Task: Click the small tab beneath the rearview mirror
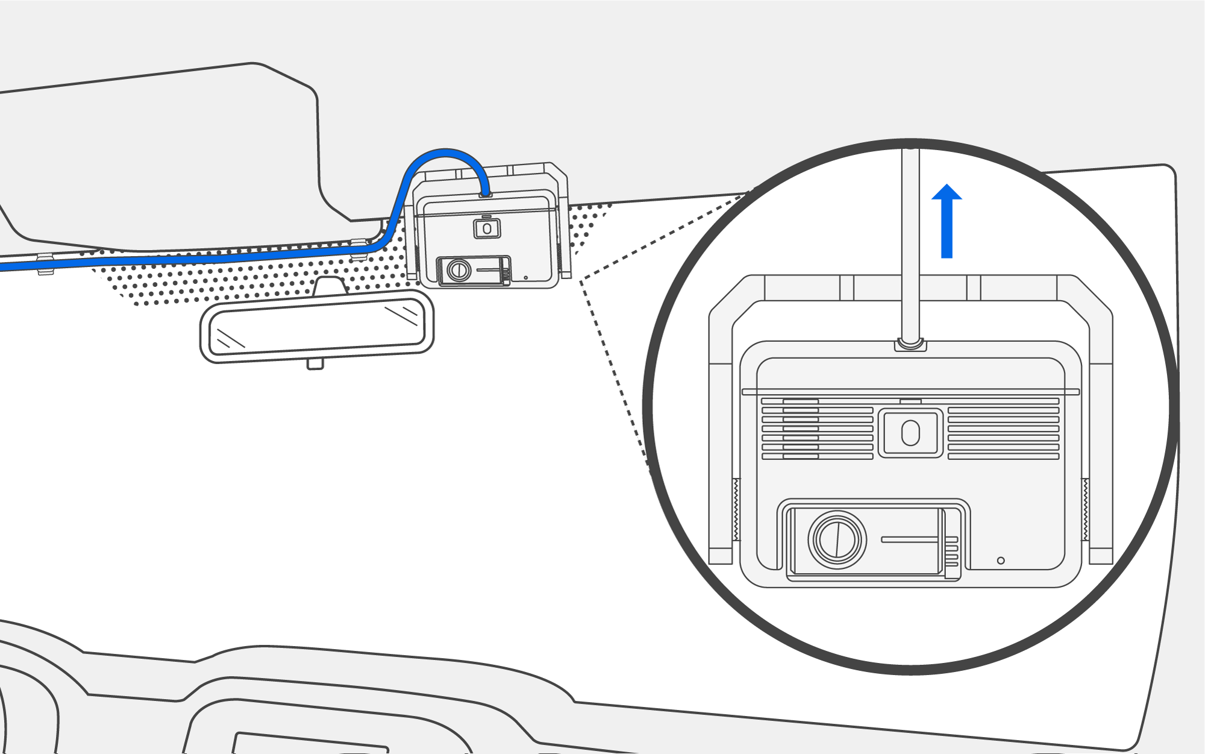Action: pyautogui.click(x=315, y=363)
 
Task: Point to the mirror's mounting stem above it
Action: pyautogui.click(x=330, y=285)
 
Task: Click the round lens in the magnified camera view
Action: pyautogui.click(x=837, y=540)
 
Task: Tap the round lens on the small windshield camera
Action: pyautogui.click(x=459, y=270)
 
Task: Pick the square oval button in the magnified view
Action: pyautogui.click(x=910, y=433)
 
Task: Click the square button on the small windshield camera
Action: pyautogui.click(x=487, y=229)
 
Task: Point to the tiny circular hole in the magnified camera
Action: pyautogui.click(x=1001, y=561)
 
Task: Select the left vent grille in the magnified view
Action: pyautogui.click(x=817, y=429)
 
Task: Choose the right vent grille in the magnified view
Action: pyautogui.click(x=1003, y=429)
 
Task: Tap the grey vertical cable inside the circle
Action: pyautogui.click(x=910, y=241)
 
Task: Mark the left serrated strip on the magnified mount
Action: pyautogui.click(x=736, y=509)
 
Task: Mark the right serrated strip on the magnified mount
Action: pyautogui.click(x=1085, y=509)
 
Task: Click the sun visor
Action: pyautogui.click(x=163, y=157)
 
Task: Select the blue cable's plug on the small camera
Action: pyautogui.click(x=485, y=194)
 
